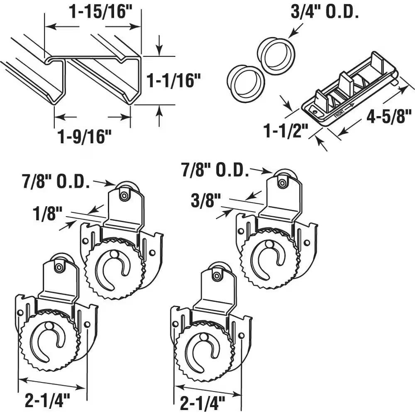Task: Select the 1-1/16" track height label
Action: coord(171,81)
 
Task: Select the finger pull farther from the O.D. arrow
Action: coord(246,83)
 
